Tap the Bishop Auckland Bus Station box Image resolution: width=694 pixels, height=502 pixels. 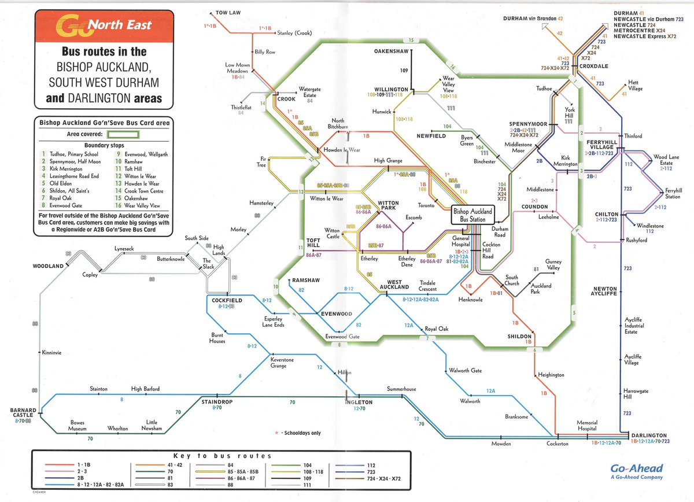472,216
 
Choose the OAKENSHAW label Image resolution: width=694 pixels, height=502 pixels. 392,51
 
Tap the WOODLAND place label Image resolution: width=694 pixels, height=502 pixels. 47,266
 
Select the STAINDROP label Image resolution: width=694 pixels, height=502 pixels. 216,401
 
